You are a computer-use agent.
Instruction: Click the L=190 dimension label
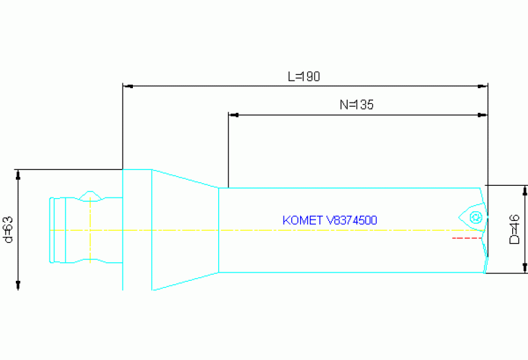(304, 76)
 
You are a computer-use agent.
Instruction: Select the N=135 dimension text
(356, 105)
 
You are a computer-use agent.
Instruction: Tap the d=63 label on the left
(8, 230)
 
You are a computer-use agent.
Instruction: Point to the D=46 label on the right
(514, 229)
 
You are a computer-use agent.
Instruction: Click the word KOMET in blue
(303, 220)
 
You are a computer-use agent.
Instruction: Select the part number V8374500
(352, 220)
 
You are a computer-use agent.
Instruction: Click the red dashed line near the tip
(465, 238)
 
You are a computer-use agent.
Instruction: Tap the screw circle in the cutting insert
(474, 218)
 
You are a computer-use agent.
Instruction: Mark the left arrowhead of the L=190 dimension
(127, 87)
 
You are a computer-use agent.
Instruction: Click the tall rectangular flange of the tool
(137, 229)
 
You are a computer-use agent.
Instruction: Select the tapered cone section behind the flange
(184, 229)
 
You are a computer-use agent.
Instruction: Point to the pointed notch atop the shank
(89, 195)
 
